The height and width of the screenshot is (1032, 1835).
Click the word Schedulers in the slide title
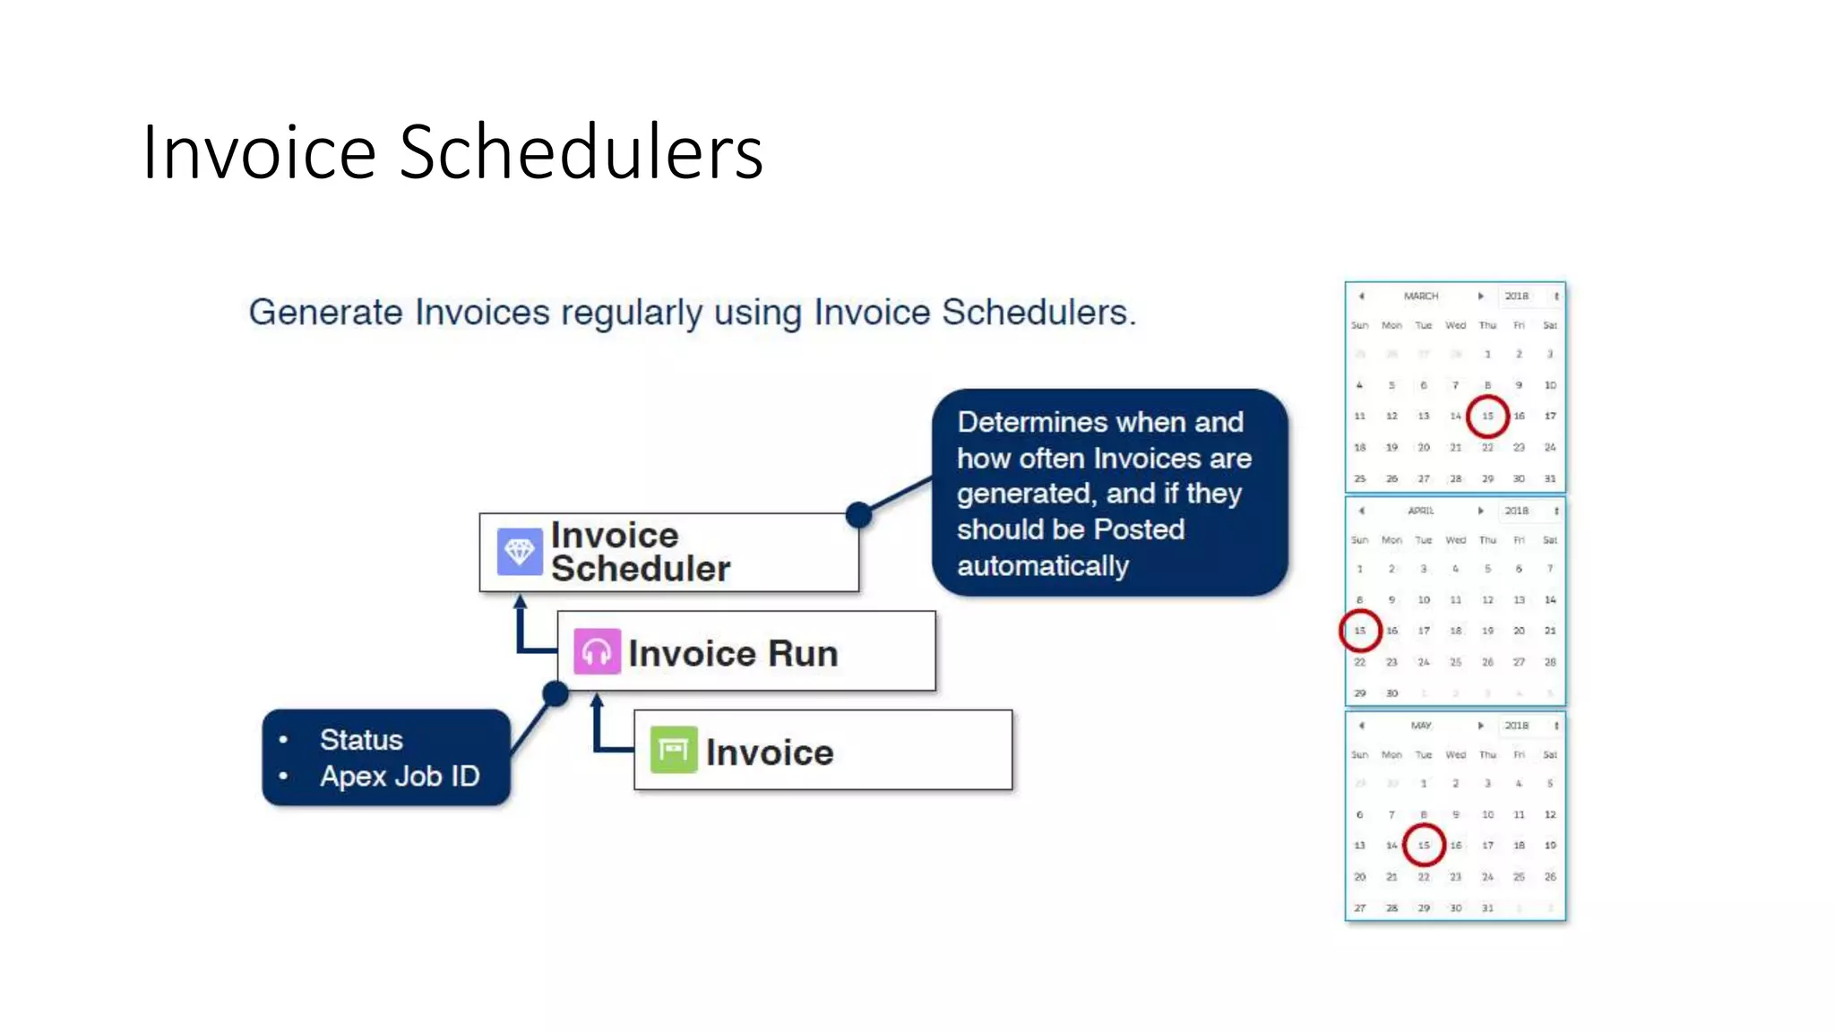click(x=581, y=152)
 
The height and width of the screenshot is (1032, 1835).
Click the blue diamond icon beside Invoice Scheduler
click(x=520, y=552)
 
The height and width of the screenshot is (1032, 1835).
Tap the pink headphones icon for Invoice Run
click(x=597, y=652)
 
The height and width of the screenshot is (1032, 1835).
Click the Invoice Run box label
click(x=733, y=653)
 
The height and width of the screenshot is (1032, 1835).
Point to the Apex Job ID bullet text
click(x=400, y=776)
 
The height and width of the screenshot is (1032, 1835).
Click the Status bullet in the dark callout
click(x=361, y=740)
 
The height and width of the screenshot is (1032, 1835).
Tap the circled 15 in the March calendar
click(x=1487, y=416)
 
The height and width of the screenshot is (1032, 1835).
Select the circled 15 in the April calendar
click(x=1360, y=631)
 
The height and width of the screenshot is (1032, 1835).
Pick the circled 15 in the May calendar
click(x=1424, y=845)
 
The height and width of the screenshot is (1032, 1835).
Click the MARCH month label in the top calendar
click(x=1421, y=296)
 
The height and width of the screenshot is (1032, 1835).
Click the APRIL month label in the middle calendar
click(x=1421, y=511)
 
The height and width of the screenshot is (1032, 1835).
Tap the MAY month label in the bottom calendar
click(x=1421, y=726)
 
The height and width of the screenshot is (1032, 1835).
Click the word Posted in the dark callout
click(x=1139, y=529)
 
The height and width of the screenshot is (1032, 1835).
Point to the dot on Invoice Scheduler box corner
click(x=858, y=514)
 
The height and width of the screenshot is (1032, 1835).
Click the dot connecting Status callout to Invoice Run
click(x=556, y=693)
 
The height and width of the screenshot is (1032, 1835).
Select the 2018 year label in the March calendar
click(x=1516, y=296)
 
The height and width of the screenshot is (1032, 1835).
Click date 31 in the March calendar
click(x=1550, y=478)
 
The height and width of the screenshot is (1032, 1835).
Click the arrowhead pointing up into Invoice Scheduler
click(x=520, y=601)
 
